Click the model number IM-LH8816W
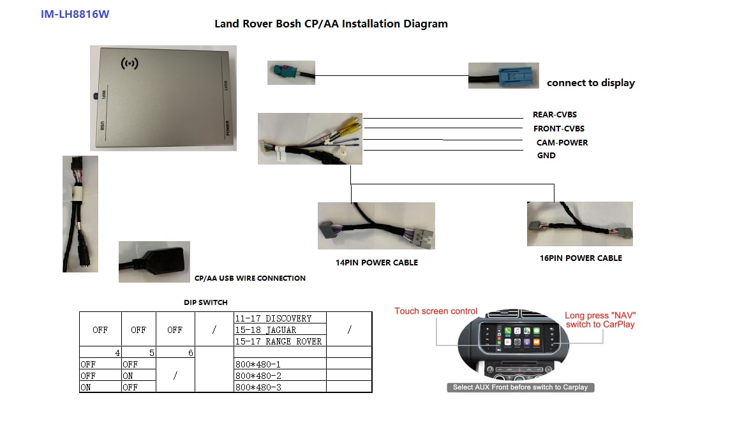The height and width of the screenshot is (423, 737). tap(75, 14)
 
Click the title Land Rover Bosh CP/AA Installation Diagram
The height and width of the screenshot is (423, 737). tap(331, 24)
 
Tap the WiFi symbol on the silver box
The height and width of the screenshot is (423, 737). tap(130, 63)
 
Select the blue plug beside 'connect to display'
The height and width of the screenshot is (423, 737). tap(516, 76)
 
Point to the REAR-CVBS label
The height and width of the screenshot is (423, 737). tap(555, 115)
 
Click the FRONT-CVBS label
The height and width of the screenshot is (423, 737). tap(559, 129)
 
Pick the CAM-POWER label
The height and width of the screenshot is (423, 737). tap(562, 142)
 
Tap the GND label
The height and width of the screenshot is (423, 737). tap(546, 156)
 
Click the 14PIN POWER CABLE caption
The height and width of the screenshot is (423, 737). tap(376, 263)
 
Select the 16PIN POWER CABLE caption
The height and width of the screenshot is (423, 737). tap(581, 258)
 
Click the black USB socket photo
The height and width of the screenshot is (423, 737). tap(154, 262)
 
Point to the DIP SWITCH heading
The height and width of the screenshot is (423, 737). tap(205, 302)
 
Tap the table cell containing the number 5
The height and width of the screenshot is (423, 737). tap(138, 352)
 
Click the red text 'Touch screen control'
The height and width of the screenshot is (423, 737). tap(436, 311)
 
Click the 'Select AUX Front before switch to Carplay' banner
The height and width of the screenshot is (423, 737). tap(520, 387)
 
